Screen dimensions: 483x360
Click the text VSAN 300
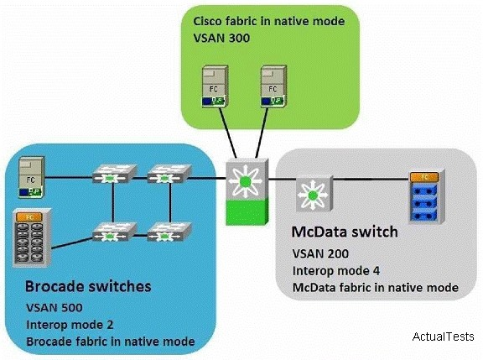point(221,39)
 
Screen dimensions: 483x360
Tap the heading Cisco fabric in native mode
point(269,21)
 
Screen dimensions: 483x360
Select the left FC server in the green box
point(215,86)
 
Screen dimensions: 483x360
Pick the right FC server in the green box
point(273,86)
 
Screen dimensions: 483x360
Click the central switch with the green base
point(247,191)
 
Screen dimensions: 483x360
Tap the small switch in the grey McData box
point(314,193)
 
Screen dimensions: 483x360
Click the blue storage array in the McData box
point(427,196)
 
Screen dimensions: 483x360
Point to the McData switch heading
point(345,232)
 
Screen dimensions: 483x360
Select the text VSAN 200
point(320,253)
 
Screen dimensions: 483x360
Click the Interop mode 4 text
point(336,271)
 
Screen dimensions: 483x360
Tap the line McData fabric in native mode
point(375,288)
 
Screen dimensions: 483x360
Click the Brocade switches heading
point(88,286)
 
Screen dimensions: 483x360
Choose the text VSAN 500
point(55,308)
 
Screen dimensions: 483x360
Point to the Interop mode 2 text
point(70,325)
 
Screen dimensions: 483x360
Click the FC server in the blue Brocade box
point(32,177)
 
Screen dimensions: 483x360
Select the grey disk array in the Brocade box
point(32,237)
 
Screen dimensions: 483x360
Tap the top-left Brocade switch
point(115,174)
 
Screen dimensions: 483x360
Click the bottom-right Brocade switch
point(169,232)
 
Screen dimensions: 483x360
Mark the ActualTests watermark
point(443,337)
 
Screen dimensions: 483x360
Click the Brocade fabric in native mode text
point(111,342)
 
